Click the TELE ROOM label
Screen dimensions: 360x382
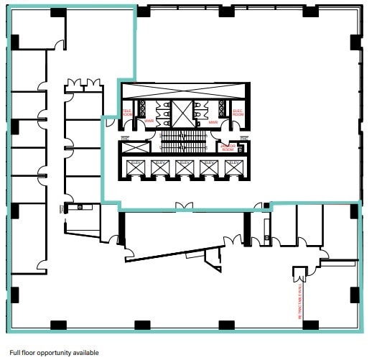click(x=127, y=113)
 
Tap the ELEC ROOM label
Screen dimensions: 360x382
click(x=237, y=113)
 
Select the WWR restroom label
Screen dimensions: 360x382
click(x=150, y=121)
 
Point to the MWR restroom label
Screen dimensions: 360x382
click(x=213, y=121)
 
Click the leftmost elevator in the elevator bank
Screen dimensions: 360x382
click(x=135, y=168)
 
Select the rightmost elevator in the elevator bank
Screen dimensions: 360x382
click(x=233, y=168)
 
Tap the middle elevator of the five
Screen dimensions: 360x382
click(x=184, y=168)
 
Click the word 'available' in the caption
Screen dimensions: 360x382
click(x=84, y=353)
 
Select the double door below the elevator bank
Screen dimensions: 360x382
click(x=184, y=206)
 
